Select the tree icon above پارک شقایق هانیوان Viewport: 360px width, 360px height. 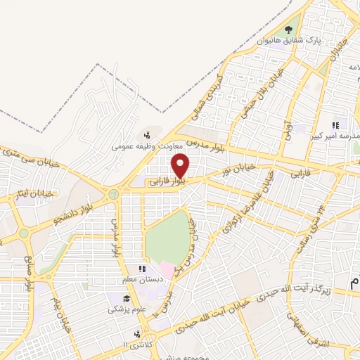[288, 29]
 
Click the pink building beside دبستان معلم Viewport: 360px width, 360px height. [165, 270]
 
